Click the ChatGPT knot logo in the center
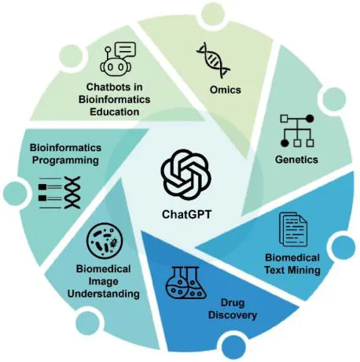pyautogui.click(x=186, y=175)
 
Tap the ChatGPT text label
pyautogui.click(x=186, y=214)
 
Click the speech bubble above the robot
pyautogui.click(x=126, y=50)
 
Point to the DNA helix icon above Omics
pyautogui.click(x=213, y=61)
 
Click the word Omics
pyautogui.click(x=225, y=90)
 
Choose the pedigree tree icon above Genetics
pyautogui.click(x=297, y=131)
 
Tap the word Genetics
pyautogui.click(x=296, y=160)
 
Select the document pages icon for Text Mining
pyautogui.click(x=293, y=229)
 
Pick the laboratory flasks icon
pyautogui.click(x=186, y=283)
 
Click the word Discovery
pyautogui.click(x=233, y=315)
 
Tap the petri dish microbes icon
pyautogui.click(x=105, y=241)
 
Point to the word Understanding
pyautogui.click(x=104, y=294)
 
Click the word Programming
pyautogui.click(x=65, y=160)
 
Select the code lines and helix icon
pyautogui.click(x=60, y=193)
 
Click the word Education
pyautogui.click(x=115, y=112)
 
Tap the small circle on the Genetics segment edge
pyautogui.click(x=334, y=99)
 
